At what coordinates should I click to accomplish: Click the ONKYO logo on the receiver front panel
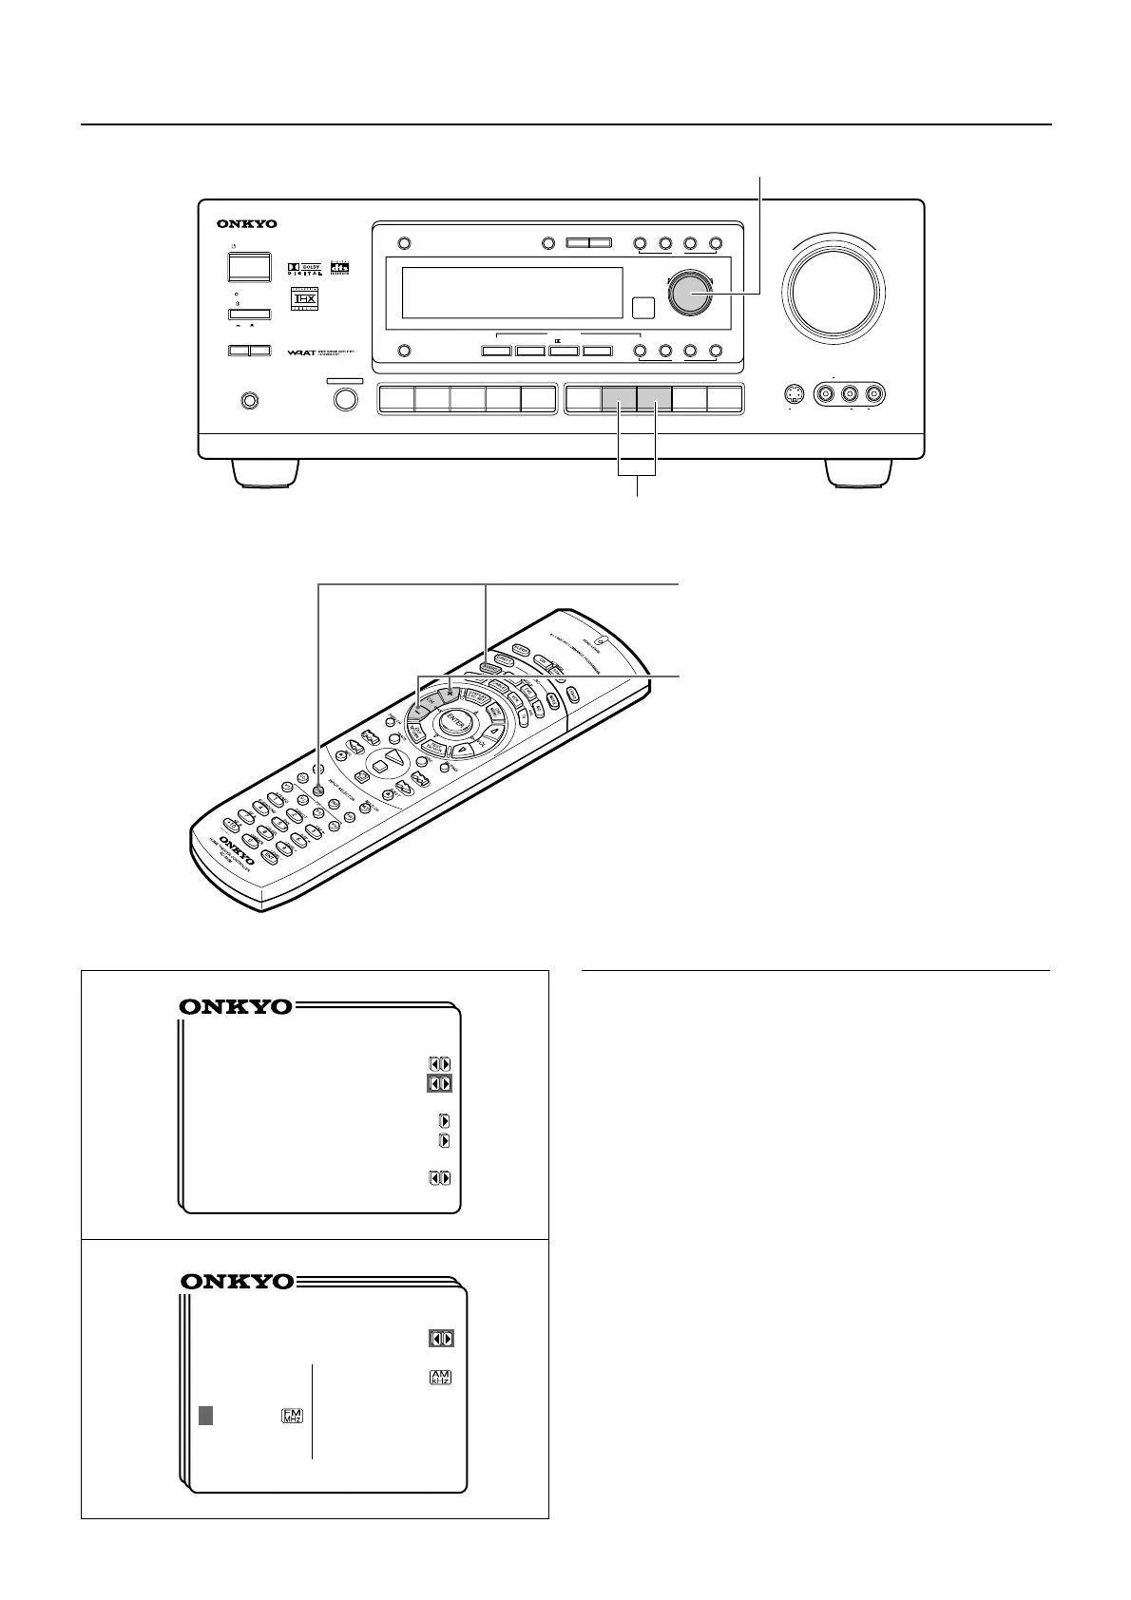coord(246,224)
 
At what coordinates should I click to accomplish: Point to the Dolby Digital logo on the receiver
coord(304,269)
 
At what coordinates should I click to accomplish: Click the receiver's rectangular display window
coord(512,293)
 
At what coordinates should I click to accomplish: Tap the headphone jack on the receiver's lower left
coord(250,401)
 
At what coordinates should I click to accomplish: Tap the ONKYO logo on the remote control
coord(238,844)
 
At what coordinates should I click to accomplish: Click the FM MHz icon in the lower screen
coord(292,1416)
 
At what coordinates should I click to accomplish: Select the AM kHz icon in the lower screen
coord(440,1377)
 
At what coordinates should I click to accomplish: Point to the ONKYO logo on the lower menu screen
coord(236,1282)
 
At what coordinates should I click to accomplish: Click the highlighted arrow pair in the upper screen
coord(439,1083)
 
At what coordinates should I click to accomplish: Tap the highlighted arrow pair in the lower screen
coord(441,1338)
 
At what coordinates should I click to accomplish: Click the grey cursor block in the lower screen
coord(205,1416)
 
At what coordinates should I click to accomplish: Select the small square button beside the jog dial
coord(643,308)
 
